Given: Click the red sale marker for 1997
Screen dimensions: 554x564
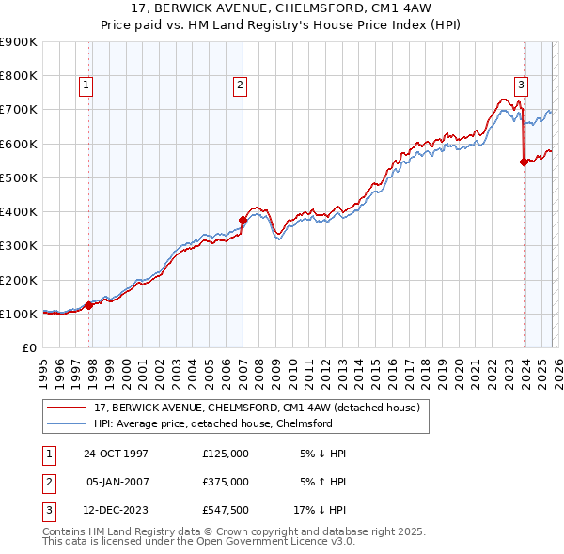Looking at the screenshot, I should [89, 305].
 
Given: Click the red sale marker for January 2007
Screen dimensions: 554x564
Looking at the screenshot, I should [243, 220].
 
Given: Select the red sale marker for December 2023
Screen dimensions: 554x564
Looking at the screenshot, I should [524, 162].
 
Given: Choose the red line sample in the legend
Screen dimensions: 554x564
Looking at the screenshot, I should [67, 408].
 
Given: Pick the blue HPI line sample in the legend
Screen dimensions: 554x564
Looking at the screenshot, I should [67, 423].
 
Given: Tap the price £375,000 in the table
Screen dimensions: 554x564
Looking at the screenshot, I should [226, 482].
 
